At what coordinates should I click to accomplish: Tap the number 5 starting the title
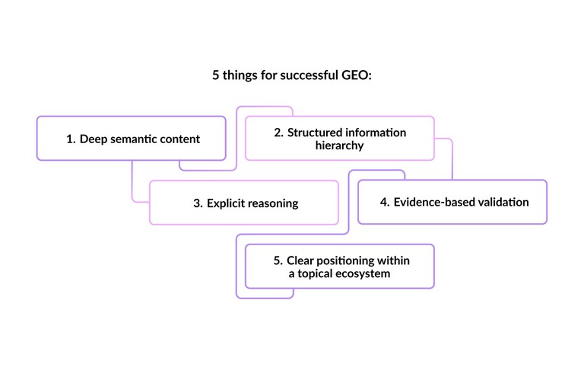click(216, 76)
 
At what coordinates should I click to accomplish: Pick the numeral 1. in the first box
click(71, 139)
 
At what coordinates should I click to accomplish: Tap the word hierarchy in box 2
click(339, 145)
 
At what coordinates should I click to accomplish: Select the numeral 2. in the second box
click(278, 133)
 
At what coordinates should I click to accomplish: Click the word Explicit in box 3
click(227, 203)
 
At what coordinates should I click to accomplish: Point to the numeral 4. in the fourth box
click(385, 203)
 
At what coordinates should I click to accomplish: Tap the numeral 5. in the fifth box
click(278, 260)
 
